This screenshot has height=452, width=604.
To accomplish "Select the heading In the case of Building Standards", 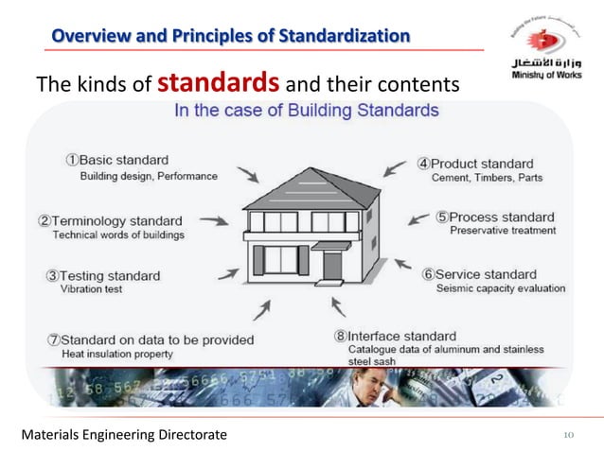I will (x=306, y=111).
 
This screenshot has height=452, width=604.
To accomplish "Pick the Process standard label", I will (x=502, y=217).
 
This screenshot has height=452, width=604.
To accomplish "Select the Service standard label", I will (x=491, y=274).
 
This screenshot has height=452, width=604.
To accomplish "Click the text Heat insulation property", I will (x=117, y=354).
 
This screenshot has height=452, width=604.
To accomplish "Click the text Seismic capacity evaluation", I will (x=501, y=288).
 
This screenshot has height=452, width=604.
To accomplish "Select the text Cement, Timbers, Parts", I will (x=488, y=177).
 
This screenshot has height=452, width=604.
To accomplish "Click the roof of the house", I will (x=301, y=186).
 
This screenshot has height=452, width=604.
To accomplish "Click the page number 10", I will (x=569, y=434).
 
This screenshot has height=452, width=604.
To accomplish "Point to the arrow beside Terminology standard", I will (x=213, y=220).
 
